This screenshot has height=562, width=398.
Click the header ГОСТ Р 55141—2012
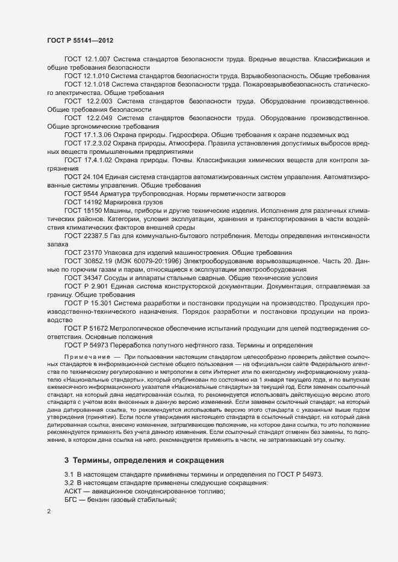click(80, 40)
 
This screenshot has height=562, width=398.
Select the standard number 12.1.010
click(95, 76)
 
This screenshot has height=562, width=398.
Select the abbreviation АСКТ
click(75, 492)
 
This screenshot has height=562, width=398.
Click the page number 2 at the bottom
click(48, 512)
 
